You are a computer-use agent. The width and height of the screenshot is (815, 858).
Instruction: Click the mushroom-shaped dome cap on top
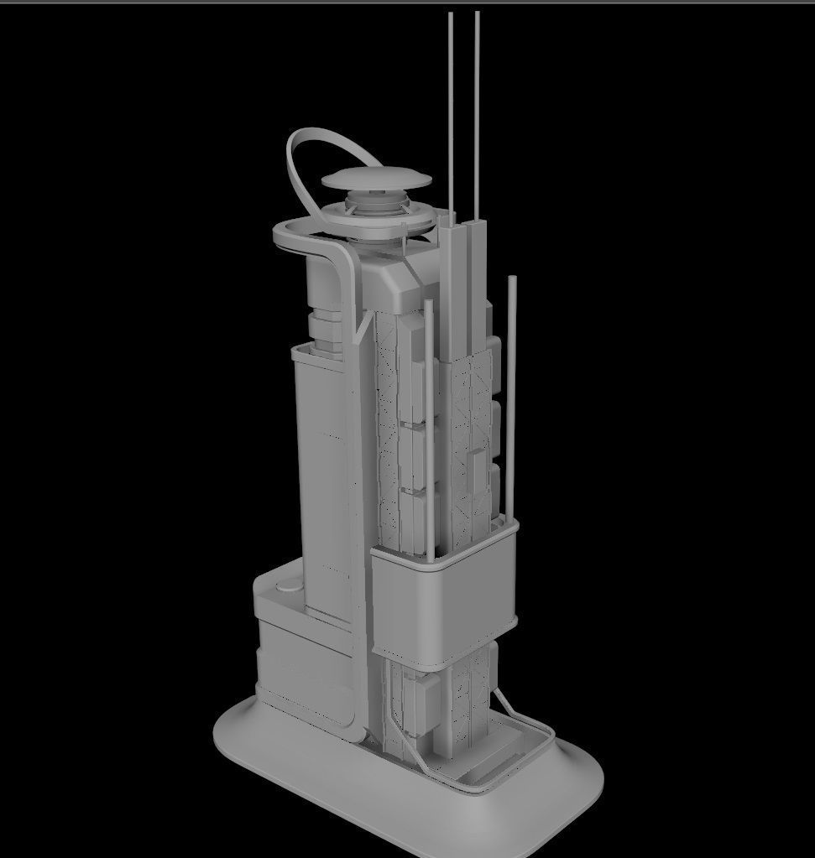[375, 179]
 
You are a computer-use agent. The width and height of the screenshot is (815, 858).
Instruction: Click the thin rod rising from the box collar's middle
[430, 419]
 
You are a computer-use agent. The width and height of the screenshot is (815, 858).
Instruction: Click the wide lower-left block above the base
[302, 663]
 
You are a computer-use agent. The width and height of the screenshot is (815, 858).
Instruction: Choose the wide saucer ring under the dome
[378, 221]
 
